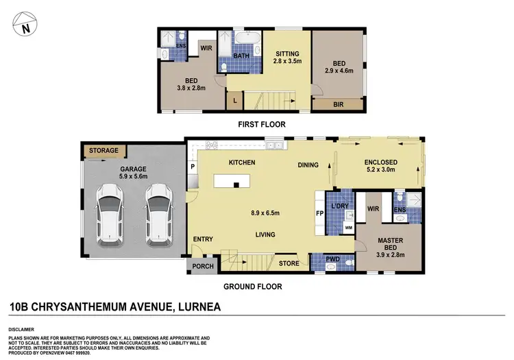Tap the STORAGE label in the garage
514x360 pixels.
coord(103,150)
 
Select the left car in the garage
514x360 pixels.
coord(110,215)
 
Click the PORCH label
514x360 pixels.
coord(200,267)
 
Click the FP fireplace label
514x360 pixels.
coord(319,213)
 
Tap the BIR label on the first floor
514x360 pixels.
coord(338,105)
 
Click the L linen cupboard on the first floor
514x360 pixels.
coord(236,102)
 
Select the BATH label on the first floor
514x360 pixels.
coord(241,56)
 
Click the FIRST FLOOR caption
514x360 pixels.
coord(262,124)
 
